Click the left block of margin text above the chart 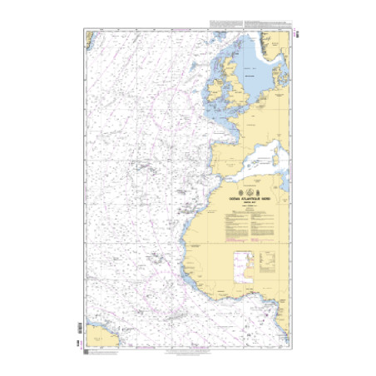click(225, 22)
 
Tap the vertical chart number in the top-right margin click(297, 34)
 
